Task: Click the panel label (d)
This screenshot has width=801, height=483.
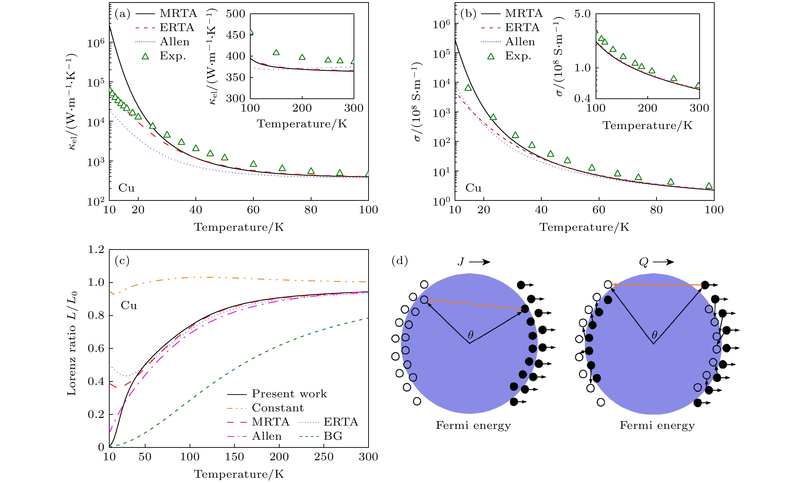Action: coord(400,261)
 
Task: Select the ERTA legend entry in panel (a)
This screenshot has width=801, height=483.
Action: coord(176,28)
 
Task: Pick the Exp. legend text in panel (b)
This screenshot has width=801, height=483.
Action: coord(518,56)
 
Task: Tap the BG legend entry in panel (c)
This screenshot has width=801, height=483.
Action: coord(333,436)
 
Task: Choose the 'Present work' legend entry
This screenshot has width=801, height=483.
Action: coord(289,394)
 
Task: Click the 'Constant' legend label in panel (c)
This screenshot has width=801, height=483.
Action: coord(278,408)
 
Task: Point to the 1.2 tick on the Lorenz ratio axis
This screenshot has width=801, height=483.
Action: coord(96,250)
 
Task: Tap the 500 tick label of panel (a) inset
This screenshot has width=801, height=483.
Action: coord(235,14)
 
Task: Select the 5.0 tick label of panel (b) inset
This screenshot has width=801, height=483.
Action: coord(582,14)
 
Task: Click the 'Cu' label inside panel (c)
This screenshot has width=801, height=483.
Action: coord(129,306)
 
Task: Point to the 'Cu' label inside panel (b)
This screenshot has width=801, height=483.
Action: coord(473,188)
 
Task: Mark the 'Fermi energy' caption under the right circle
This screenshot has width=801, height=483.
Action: coord(657,426)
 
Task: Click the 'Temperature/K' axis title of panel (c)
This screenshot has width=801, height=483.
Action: coord(239,474)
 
